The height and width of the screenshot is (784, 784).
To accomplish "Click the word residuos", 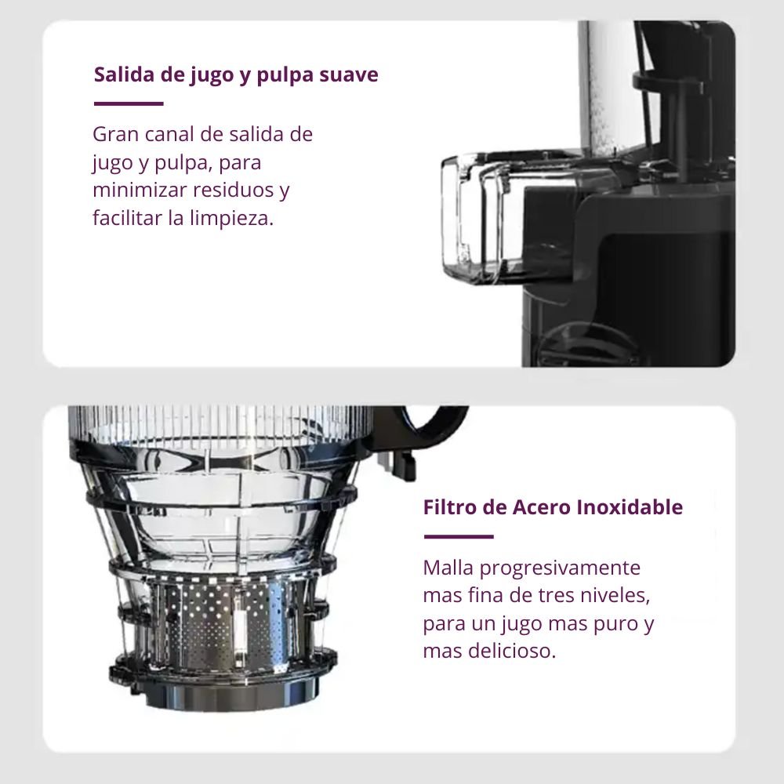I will (234, 191).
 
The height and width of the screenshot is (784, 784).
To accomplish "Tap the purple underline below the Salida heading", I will (129, 103).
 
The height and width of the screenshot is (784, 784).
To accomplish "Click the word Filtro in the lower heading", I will (449, 507).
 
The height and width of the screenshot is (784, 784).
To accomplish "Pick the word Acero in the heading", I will (542, 507).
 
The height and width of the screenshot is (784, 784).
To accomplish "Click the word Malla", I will (446, 567).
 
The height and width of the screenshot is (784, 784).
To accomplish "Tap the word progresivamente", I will (558, 568).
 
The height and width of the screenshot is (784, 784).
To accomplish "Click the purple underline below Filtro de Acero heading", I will (458, 537).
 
